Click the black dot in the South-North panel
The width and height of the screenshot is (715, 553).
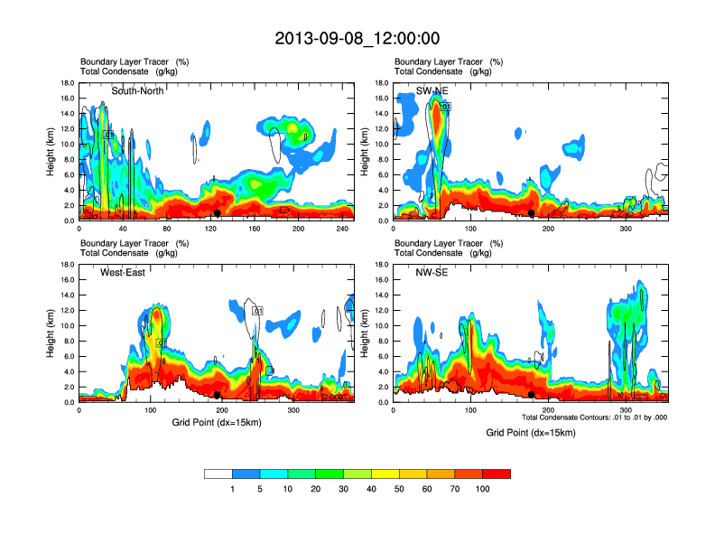(x=218, y=213)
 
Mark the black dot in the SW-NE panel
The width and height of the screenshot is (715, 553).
(x=532, y=213)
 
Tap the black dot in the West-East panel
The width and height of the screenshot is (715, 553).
(x=218, y=395)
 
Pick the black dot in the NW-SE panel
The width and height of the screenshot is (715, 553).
(x=532, y=395)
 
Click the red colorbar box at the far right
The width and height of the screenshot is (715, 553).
(x=497, y=473)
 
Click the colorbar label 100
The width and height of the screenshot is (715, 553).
(x=483, y=489)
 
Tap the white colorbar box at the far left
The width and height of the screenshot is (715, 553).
(x=218, y=473)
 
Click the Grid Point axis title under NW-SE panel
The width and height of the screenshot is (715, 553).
(x=531, y=433)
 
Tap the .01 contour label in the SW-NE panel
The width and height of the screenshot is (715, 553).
(x=445, y=107)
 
